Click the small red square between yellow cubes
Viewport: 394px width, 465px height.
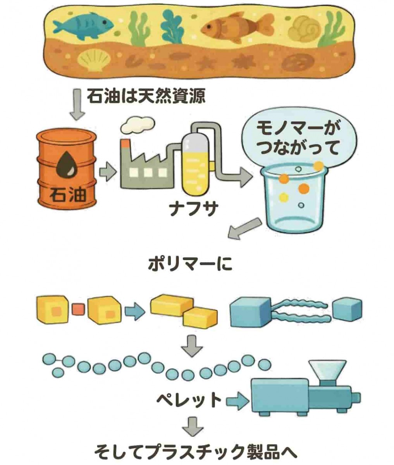[78, 310]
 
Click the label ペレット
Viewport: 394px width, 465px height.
[189, 399]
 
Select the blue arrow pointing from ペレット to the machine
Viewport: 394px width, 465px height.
[237, 399]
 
